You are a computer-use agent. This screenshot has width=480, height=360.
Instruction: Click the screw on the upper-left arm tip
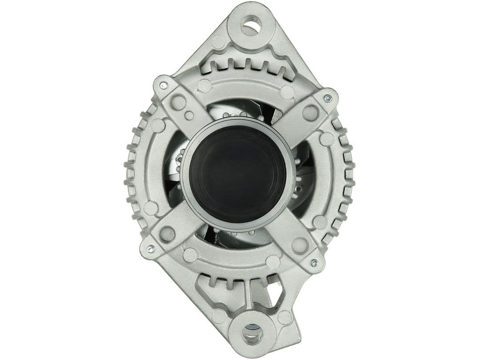click(x=164, y=85)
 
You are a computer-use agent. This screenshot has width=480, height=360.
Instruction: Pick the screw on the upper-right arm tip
click(x=328, y=98)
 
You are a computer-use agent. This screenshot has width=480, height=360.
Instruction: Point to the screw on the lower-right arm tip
click(x=314, y=263)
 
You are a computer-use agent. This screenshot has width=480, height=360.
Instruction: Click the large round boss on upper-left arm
click(x=178, y=103)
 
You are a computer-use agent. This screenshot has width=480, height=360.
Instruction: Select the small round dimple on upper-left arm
click(x=189, y=116)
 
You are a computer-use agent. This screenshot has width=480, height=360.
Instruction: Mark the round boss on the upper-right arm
click(x=310, y=112)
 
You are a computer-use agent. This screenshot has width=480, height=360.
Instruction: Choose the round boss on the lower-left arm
click(x=167, y=234)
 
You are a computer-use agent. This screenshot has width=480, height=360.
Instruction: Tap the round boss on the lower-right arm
click(x=299, y=244)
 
